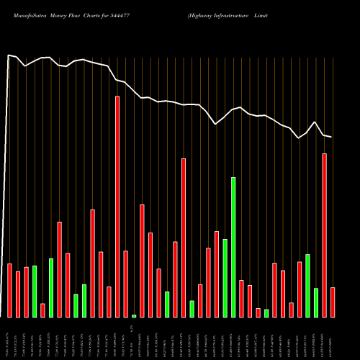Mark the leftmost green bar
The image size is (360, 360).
(35, 292)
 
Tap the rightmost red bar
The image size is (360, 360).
(333, 302)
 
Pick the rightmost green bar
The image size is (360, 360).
(316, 302)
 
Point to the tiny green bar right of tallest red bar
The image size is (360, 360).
(134, 315)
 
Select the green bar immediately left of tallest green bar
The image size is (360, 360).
(225, 278)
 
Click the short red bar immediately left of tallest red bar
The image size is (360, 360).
(109, 302)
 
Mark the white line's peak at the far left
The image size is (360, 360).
(9, 54)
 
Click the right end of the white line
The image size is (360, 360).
(331, 137)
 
